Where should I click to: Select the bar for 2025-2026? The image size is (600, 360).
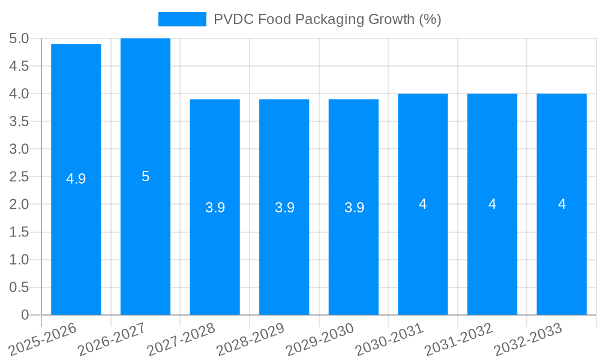click(x=76, y=228)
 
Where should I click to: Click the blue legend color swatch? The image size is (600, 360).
click(x=182, y=19)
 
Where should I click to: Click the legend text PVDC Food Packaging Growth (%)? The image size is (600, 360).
click(x=327, y=19)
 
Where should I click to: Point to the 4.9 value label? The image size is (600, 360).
click(x=76, y=179)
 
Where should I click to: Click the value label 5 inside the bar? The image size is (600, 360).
click(x=145, y=176)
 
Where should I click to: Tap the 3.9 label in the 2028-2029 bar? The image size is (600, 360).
click(x=284, y=208)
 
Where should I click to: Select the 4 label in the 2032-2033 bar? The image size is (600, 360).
click(x=562, y=204)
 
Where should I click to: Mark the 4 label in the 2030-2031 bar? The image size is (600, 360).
click(x=423, y=204)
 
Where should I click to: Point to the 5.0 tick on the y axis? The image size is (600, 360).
click(x=19, y=38)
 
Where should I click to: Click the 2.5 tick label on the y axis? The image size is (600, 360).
click(x=19, y=176)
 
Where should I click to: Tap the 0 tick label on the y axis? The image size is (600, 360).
click(x=25, y=315)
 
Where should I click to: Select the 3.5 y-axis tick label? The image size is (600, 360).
click(x=19, y=121)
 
